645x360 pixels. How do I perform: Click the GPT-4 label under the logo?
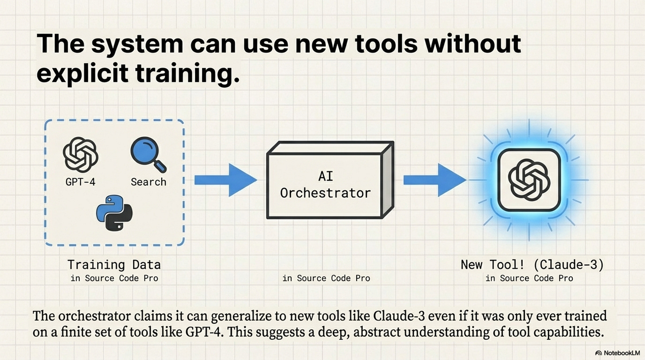[x=80, y=182]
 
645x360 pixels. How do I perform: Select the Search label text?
[x=148, y=182]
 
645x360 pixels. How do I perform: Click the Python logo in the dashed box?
[x=114, y=213]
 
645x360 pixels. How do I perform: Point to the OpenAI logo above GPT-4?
[x=81, y=155]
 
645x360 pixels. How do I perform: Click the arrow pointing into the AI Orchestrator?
[x=225, y=180]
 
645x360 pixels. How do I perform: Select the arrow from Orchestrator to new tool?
[x=435, y=180]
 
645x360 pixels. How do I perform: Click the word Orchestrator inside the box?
[x=325, y=193]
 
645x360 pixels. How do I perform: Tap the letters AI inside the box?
[x=326, y=176]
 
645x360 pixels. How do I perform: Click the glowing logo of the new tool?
[x=529, y=180]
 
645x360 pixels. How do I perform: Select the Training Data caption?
[x=114, y=264]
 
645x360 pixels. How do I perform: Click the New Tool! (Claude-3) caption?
[x=532, y=264]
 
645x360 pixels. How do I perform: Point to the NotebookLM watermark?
[x=618, y=353]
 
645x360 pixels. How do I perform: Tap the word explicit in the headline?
[x=82, y=73]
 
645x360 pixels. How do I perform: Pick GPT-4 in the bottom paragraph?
[x=204, y=332]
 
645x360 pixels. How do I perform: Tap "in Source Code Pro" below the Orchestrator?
[x=326, y=278]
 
